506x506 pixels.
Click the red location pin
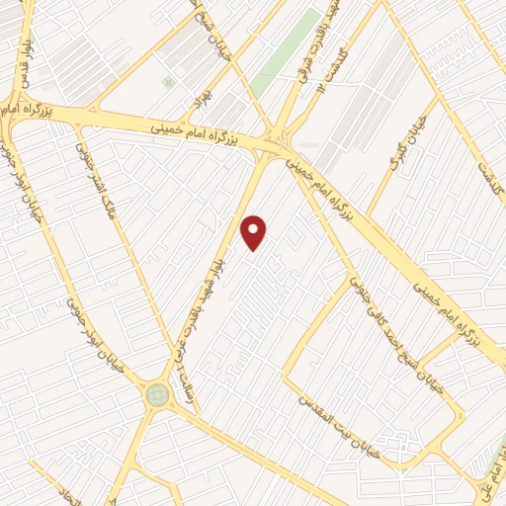(x=255, y=232)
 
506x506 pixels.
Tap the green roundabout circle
(x=157, y=395)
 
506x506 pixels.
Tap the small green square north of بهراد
(x=168, y=81)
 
